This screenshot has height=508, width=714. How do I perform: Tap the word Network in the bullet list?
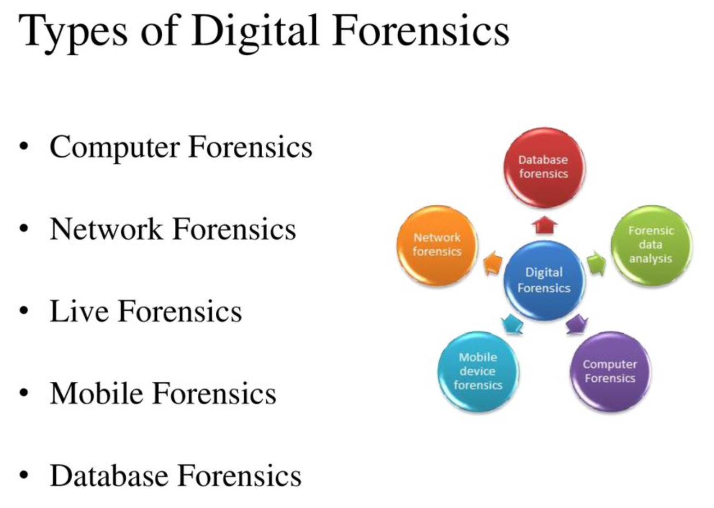pos(106,229)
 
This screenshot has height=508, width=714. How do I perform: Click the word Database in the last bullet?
pos(109,476)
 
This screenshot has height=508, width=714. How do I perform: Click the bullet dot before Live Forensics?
pos(24,311)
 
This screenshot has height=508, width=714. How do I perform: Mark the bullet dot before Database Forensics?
pos(24,475)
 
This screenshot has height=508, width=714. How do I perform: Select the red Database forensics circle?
pos(544,168)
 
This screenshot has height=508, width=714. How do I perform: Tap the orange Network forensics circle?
pos(437,245)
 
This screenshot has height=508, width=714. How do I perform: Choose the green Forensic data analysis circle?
pos(651,245)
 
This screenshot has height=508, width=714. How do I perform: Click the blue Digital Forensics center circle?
pos(544,280)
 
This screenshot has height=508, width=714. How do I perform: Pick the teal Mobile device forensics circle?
pos(478,371)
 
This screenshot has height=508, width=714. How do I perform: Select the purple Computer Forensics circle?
pos(610,371)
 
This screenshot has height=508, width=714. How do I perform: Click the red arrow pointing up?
pos(545,225)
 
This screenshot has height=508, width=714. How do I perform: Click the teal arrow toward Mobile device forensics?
pos(512,324)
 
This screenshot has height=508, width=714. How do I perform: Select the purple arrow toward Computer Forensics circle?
pos(577,324)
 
